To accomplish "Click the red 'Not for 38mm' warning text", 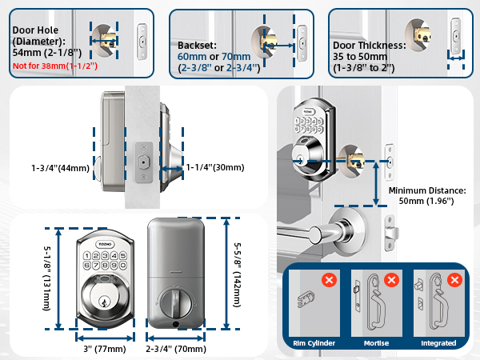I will point(55,66).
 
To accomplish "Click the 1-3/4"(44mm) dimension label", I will point(61,168).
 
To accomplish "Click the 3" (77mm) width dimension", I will point(104,348).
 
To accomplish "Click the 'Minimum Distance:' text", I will point(427,192).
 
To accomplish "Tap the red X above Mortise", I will point(392,281).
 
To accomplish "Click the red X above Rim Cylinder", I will point(328,281).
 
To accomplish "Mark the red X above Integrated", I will point(455,281).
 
